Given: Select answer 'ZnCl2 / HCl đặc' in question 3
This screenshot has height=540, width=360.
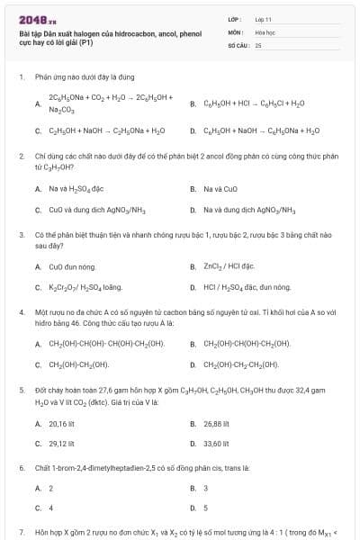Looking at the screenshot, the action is point(229,266).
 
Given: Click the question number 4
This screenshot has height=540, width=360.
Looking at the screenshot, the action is point(21,311).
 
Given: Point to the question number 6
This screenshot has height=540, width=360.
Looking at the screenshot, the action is point(21,468).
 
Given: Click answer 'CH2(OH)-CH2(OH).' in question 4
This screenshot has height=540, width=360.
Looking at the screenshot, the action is point(78,364).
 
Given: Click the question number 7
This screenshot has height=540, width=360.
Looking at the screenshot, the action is point(21,533).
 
